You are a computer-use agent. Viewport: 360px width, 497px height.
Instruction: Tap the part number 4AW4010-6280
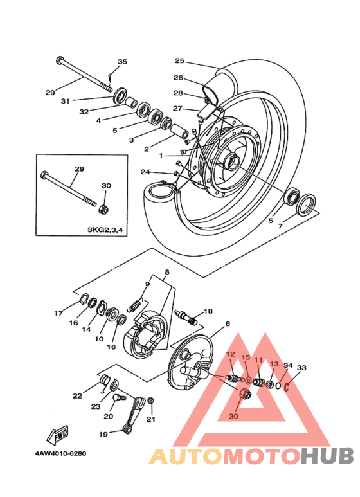coord(60,453)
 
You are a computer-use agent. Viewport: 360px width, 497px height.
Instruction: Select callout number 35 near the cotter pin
coord(122,61)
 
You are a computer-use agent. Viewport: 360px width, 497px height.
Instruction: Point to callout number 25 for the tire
coord(180,60)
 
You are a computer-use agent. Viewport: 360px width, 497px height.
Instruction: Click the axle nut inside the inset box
coord(103,208)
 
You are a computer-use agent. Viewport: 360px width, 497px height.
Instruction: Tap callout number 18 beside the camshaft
coord(208,311)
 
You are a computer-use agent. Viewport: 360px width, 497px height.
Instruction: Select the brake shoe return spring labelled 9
coord(136,305)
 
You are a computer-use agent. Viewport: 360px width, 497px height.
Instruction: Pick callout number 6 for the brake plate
coord(227,323)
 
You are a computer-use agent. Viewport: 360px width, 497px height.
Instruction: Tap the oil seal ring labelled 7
coord(306,204)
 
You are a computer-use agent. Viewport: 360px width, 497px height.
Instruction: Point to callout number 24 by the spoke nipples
coord(145,172)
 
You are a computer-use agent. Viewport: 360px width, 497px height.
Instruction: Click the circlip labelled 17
coord(84,299)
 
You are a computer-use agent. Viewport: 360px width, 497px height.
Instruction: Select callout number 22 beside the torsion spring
coord(78,395)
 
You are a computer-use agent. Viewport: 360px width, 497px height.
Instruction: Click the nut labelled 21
coord(151,401)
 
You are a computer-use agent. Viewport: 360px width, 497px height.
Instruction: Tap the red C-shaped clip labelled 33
coord(287,387)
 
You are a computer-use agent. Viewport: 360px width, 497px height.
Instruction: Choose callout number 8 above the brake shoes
coord(167,272)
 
